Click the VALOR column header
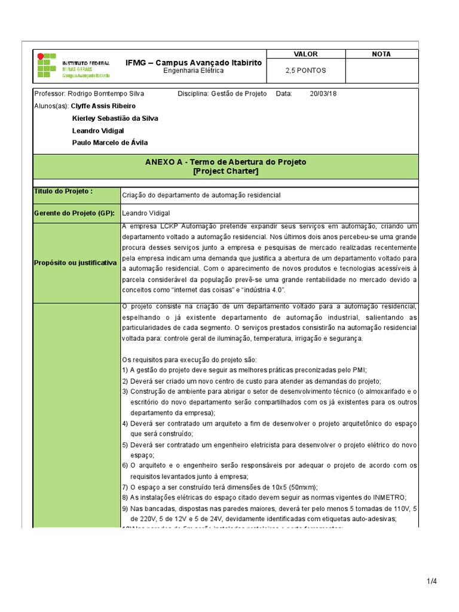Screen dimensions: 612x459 click(x=306, y=54)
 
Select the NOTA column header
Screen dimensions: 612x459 click(x=381, y=54)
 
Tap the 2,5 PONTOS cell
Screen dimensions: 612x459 click(x=306, y=70)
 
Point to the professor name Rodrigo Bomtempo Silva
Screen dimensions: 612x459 click(x=106, y=94)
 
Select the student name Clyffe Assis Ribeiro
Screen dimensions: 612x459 click(x=112, y=106)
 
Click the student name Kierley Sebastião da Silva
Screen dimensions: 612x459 click(x=115, y=118)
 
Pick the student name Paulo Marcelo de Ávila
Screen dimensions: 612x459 click(x=110, y=142)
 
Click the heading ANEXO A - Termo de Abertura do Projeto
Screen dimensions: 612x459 click(x=226, y=162)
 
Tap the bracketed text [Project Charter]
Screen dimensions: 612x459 click(x=226, y=171)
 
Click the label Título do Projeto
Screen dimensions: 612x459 click(x=63, y=191)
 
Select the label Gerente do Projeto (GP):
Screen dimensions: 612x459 click(x=75, y=212)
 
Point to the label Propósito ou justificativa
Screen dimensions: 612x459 click(x=76, y=263)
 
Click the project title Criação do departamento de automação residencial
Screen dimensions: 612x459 click(x=201, y=195)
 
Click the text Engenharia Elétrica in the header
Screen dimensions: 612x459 click(x=194, y=71)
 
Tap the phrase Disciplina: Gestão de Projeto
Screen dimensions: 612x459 click(x=222, y=94)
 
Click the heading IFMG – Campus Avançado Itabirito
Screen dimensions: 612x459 click(x=194, y=62)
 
